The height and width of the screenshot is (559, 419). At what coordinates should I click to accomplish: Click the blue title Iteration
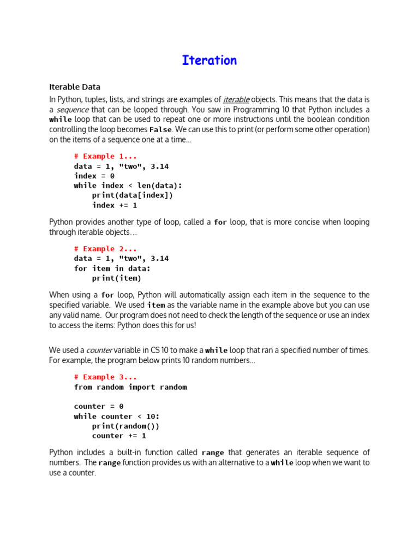pyautogui.click(x=209, y=61)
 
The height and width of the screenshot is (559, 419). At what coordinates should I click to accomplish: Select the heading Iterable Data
pyautogui.click(x=75, y=87)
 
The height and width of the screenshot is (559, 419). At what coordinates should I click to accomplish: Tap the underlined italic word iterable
pyautogui.click(x=236, y=100)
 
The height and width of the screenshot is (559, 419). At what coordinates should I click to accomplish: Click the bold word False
pyautogui.click(x=160, y=130)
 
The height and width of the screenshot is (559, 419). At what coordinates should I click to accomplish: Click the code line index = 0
pyautogui.click(x=94, y=176)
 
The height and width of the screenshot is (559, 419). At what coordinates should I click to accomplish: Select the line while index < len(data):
pyautogui.click(x=128, y=186)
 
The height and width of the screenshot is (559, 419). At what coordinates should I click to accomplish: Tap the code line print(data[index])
pyautogui.click(x=133, y=195)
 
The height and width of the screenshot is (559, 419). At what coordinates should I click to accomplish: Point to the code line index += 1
pyautogui.click(x=115, y=205)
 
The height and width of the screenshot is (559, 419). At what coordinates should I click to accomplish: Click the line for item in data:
pyautogui.click(x=112, y=269)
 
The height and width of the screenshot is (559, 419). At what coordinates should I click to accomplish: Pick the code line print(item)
pyautogui.click(x=115, y=278)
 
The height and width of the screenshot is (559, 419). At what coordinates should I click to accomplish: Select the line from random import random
pyautogui.click(x=130, y=387)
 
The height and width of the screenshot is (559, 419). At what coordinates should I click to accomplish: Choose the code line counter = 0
pyautogui.click(x=99, y=407)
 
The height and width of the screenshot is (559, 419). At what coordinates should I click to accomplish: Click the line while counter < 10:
pyautogui.click(x=117, y=417)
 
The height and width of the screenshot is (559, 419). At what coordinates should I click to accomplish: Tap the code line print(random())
pyautogui.click(x=126, y=426)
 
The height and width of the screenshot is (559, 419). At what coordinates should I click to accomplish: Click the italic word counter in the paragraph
pyautogui.click(x=100, y=350)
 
